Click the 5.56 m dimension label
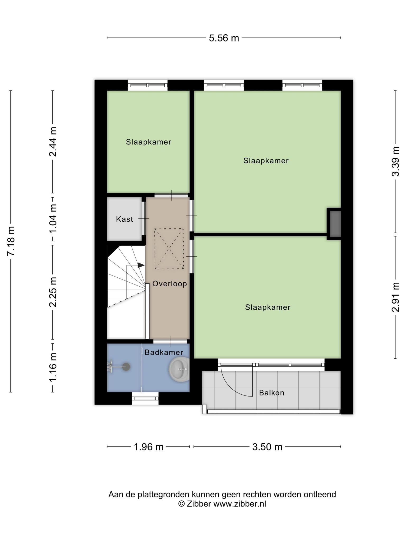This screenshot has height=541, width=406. (x=224, y=38)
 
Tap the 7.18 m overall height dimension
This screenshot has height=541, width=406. (x=11, y=241)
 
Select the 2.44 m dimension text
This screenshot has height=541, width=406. (x=53, y=142)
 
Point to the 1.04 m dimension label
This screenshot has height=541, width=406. (x=53, y=219)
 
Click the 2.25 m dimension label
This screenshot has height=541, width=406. (x=53, y=292)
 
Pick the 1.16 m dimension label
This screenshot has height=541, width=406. (x=53, y=367)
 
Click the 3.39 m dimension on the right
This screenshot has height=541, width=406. (x=395, y=162)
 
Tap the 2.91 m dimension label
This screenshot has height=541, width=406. (x=395, y=297)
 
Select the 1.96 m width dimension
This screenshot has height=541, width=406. (x=149, y=447)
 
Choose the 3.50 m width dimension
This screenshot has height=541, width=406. (x=267, y=447)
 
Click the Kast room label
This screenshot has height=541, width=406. (x=124, y=219)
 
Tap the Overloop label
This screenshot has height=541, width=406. (x=170, y=284)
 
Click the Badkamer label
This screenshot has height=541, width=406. (x=164, y=352)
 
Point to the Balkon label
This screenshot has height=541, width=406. (x=272, y=393)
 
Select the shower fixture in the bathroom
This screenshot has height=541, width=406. (x=119, y=366)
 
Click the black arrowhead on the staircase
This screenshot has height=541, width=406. (x=141, y=265)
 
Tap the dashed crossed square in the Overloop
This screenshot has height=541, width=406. (x=169, y=249)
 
